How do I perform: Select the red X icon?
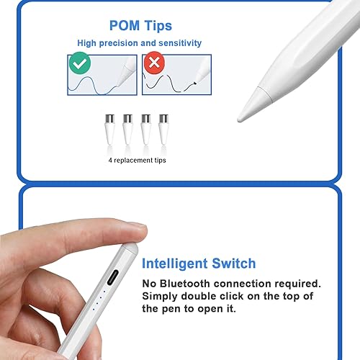coord(153,63)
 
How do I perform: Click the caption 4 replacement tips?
coord(138,160)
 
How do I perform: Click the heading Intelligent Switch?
coord(198,264)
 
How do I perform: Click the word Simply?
coord(162,297)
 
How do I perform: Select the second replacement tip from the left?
coord(128,127)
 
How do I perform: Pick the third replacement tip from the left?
coord(146,127)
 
